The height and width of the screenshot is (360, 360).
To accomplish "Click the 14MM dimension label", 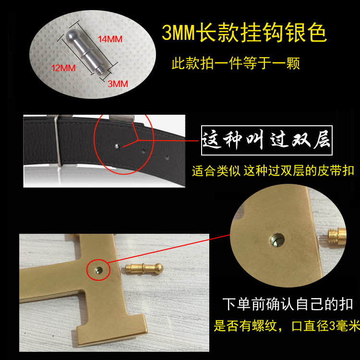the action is pyautogui.click(x=110, y=39).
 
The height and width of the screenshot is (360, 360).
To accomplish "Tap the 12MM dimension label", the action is pyautogui.click(x=63, y=68).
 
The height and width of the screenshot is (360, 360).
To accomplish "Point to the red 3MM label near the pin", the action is pyautogui.click(x=118, y=84).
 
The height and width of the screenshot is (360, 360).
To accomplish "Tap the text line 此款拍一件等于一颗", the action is pyautogui.click(x=236, y=63).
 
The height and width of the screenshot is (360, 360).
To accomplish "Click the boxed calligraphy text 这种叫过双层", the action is pyautogui.click(x=266, y=140).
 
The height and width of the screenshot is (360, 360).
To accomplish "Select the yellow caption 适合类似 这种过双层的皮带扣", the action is pyautogui.click(x=273, y=171).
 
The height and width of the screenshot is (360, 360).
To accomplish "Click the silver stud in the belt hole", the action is pyautogui.click(x=117, y=146).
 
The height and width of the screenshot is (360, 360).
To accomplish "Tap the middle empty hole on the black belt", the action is pyautogui.click(x=143, y=151).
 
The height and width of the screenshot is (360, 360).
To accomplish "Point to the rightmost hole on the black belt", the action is pyautogui.click(x=168, y=157).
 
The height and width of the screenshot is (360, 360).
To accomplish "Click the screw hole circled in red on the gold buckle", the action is pyautogui.click(x=99, y=270).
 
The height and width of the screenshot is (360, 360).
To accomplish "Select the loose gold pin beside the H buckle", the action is pyautogui.click(x=144, y=268).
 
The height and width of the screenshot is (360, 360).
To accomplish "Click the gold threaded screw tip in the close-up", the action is pyautogui.click(x=336, y=237).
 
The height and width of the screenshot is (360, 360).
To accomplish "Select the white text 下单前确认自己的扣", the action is pyautogui.click(x=288, y=304).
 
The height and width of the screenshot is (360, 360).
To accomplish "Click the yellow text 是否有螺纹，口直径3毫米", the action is pyautogui.click(x=287, y=325).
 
